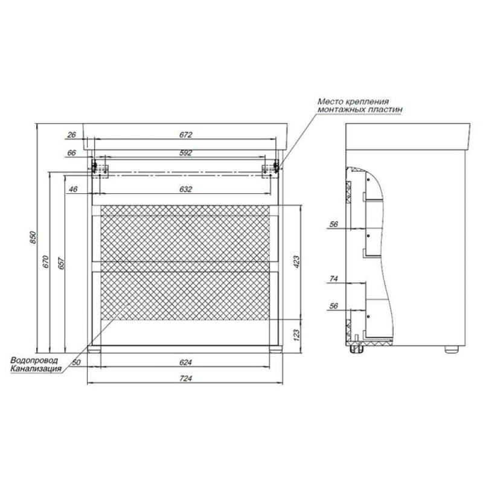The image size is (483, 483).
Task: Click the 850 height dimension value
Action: pos(33,237)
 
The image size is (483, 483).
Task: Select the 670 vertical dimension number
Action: pos(46,261)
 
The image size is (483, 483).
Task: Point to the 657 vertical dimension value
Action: pos(62,263)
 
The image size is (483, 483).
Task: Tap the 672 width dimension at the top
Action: pos(186,135)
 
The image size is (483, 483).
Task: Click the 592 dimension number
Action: pos(186,153)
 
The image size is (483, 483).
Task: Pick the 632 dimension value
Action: pos(186,189)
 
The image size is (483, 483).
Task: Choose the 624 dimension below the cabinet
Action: pos(186,362)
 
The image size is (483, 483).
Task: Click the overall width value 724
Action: pos(186,379)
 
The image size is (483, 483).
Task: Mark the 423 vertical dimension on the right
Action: pos(296,262)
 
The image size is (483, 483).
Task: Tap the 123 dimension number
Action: pos(296,335)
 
